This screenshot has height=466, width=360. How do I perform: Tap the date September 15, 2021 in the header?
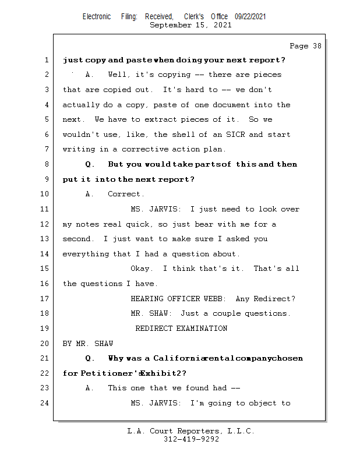tap(190, 25)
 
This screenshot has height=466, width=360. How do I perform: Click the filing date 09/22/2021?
tap(250, 17)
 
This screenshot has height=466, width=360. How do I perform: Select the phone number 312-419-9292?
tap(191, 439)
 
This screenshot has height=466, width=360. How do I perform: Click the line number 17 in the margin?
tap(46, 299)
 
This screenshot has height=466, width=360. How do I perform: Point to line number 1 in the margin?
tap(46, 60)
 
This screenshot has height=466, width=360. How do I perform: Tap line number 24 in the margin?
tap(46, 403)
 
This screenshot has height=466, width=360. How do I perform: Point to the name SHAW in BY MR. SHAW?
tap(103, 344)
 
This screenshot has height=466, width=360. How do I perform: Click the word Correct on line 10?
tap(125, 195)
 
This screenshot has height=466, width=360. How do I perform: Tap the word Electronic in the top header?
tap(96, 17)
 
